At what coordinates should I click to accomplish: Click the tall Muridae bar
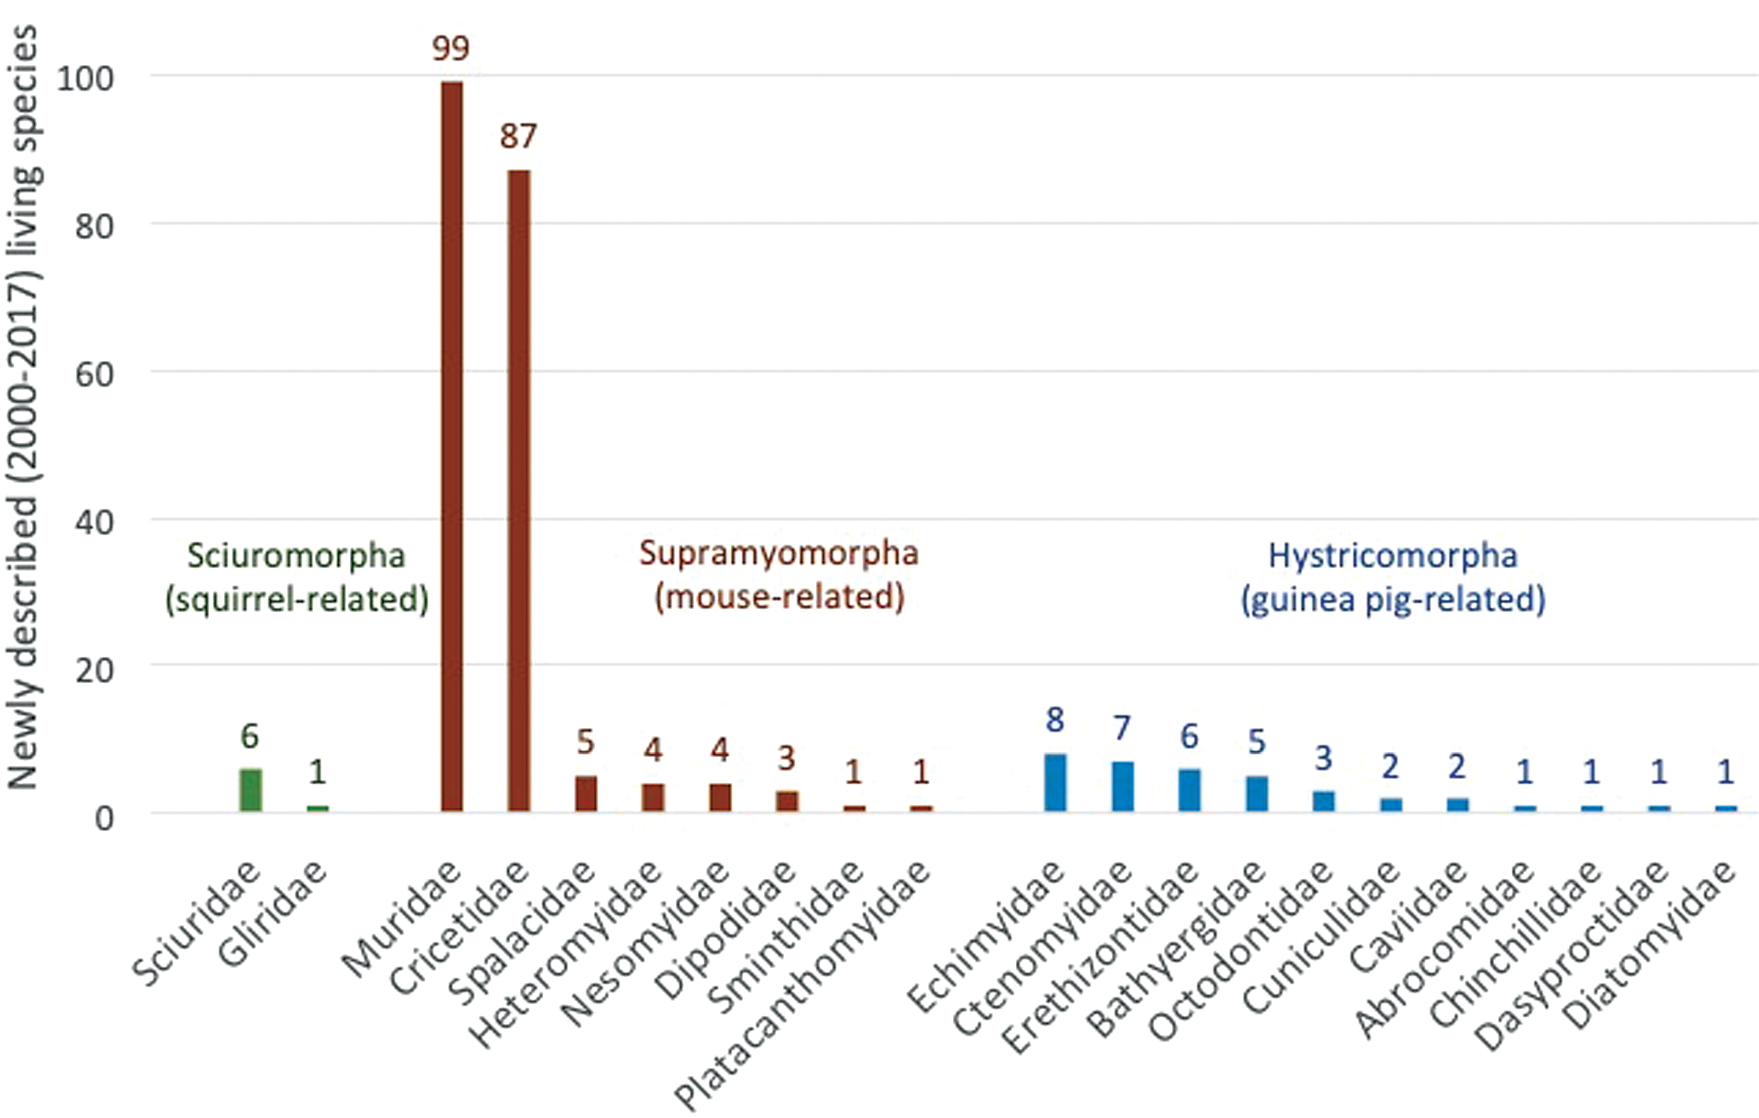[x=452, y=446]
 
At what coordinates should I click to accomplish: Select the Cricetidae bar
[x=519, y=490]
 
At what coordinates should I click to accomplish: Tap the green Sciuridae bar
[x=251, y=790]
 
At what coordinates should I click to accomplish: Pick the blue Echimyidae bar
[x=1055, y=782]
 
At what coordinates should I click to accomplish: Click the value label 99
[x=450, y=48]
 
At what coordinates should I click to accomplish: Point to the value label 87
[x=518, y=136]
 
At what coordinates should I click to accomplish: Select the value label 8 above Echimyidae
[x=1054, y=721]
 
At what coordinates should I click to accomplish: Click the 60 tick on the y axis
[x=95, y=375]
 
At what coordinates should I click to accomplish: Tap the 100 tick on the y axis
[x=86, y=79]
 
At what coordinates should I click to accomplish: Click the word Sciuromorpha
[x=296, y=555]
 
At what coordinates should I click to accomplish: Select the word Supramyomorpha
[x=779, y=553]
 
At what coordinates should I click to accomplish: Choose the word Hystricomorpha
[x=1393, y=555]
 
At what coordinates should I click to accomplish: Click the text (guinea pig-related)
[x=1393, y=599]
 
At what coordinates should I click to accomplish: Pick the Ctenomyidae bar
[x=1123, y=786]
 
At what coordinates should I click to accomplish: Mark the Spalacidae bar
[x=586, y=793]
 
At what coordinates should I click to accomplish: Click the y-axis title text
[x=23, y=409]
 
